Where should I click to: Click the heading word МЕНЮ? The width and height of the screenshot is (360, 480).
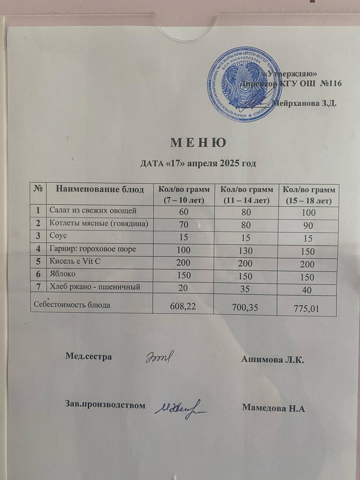pos(198,143)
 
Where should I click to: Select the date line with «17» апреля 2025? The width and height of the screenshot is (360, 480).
pos(198,163)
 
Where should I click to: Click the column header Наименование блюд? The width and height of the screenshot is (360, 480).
pos(100,189)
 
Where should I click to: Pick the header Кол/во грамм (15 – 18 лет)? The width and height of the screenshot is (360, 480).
pos(308,195)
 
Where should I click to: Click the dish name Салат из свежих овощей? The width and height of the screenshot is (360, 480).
pos(93,211)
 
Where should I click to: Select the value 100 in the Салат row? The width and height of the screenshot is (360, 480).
pos(308,213)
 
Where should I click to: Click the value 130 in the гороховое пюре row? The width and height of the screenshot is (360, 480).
pos(245,250)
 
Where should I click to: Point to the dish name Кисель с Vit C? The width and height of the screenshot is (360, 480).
pos(75,261)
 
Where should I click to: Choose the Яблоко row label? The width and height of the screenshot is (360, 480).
pos(63,274)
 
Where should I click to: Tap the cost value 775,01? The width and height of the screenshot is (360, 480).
pos(306,309)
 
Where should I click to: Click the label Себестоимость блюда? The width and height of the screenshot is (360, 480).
pos(72,305)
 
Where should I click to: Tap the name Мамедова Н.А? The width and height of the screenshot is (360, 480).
pos(273,408)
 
